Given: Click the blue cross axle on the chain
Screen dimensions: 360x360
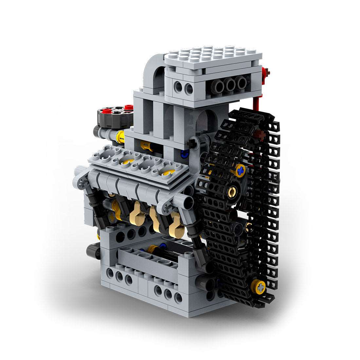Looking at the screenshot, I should tap(241, 170).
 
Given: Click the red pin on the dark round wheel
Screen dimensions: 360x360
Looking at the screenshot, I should tap(129, 107).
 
